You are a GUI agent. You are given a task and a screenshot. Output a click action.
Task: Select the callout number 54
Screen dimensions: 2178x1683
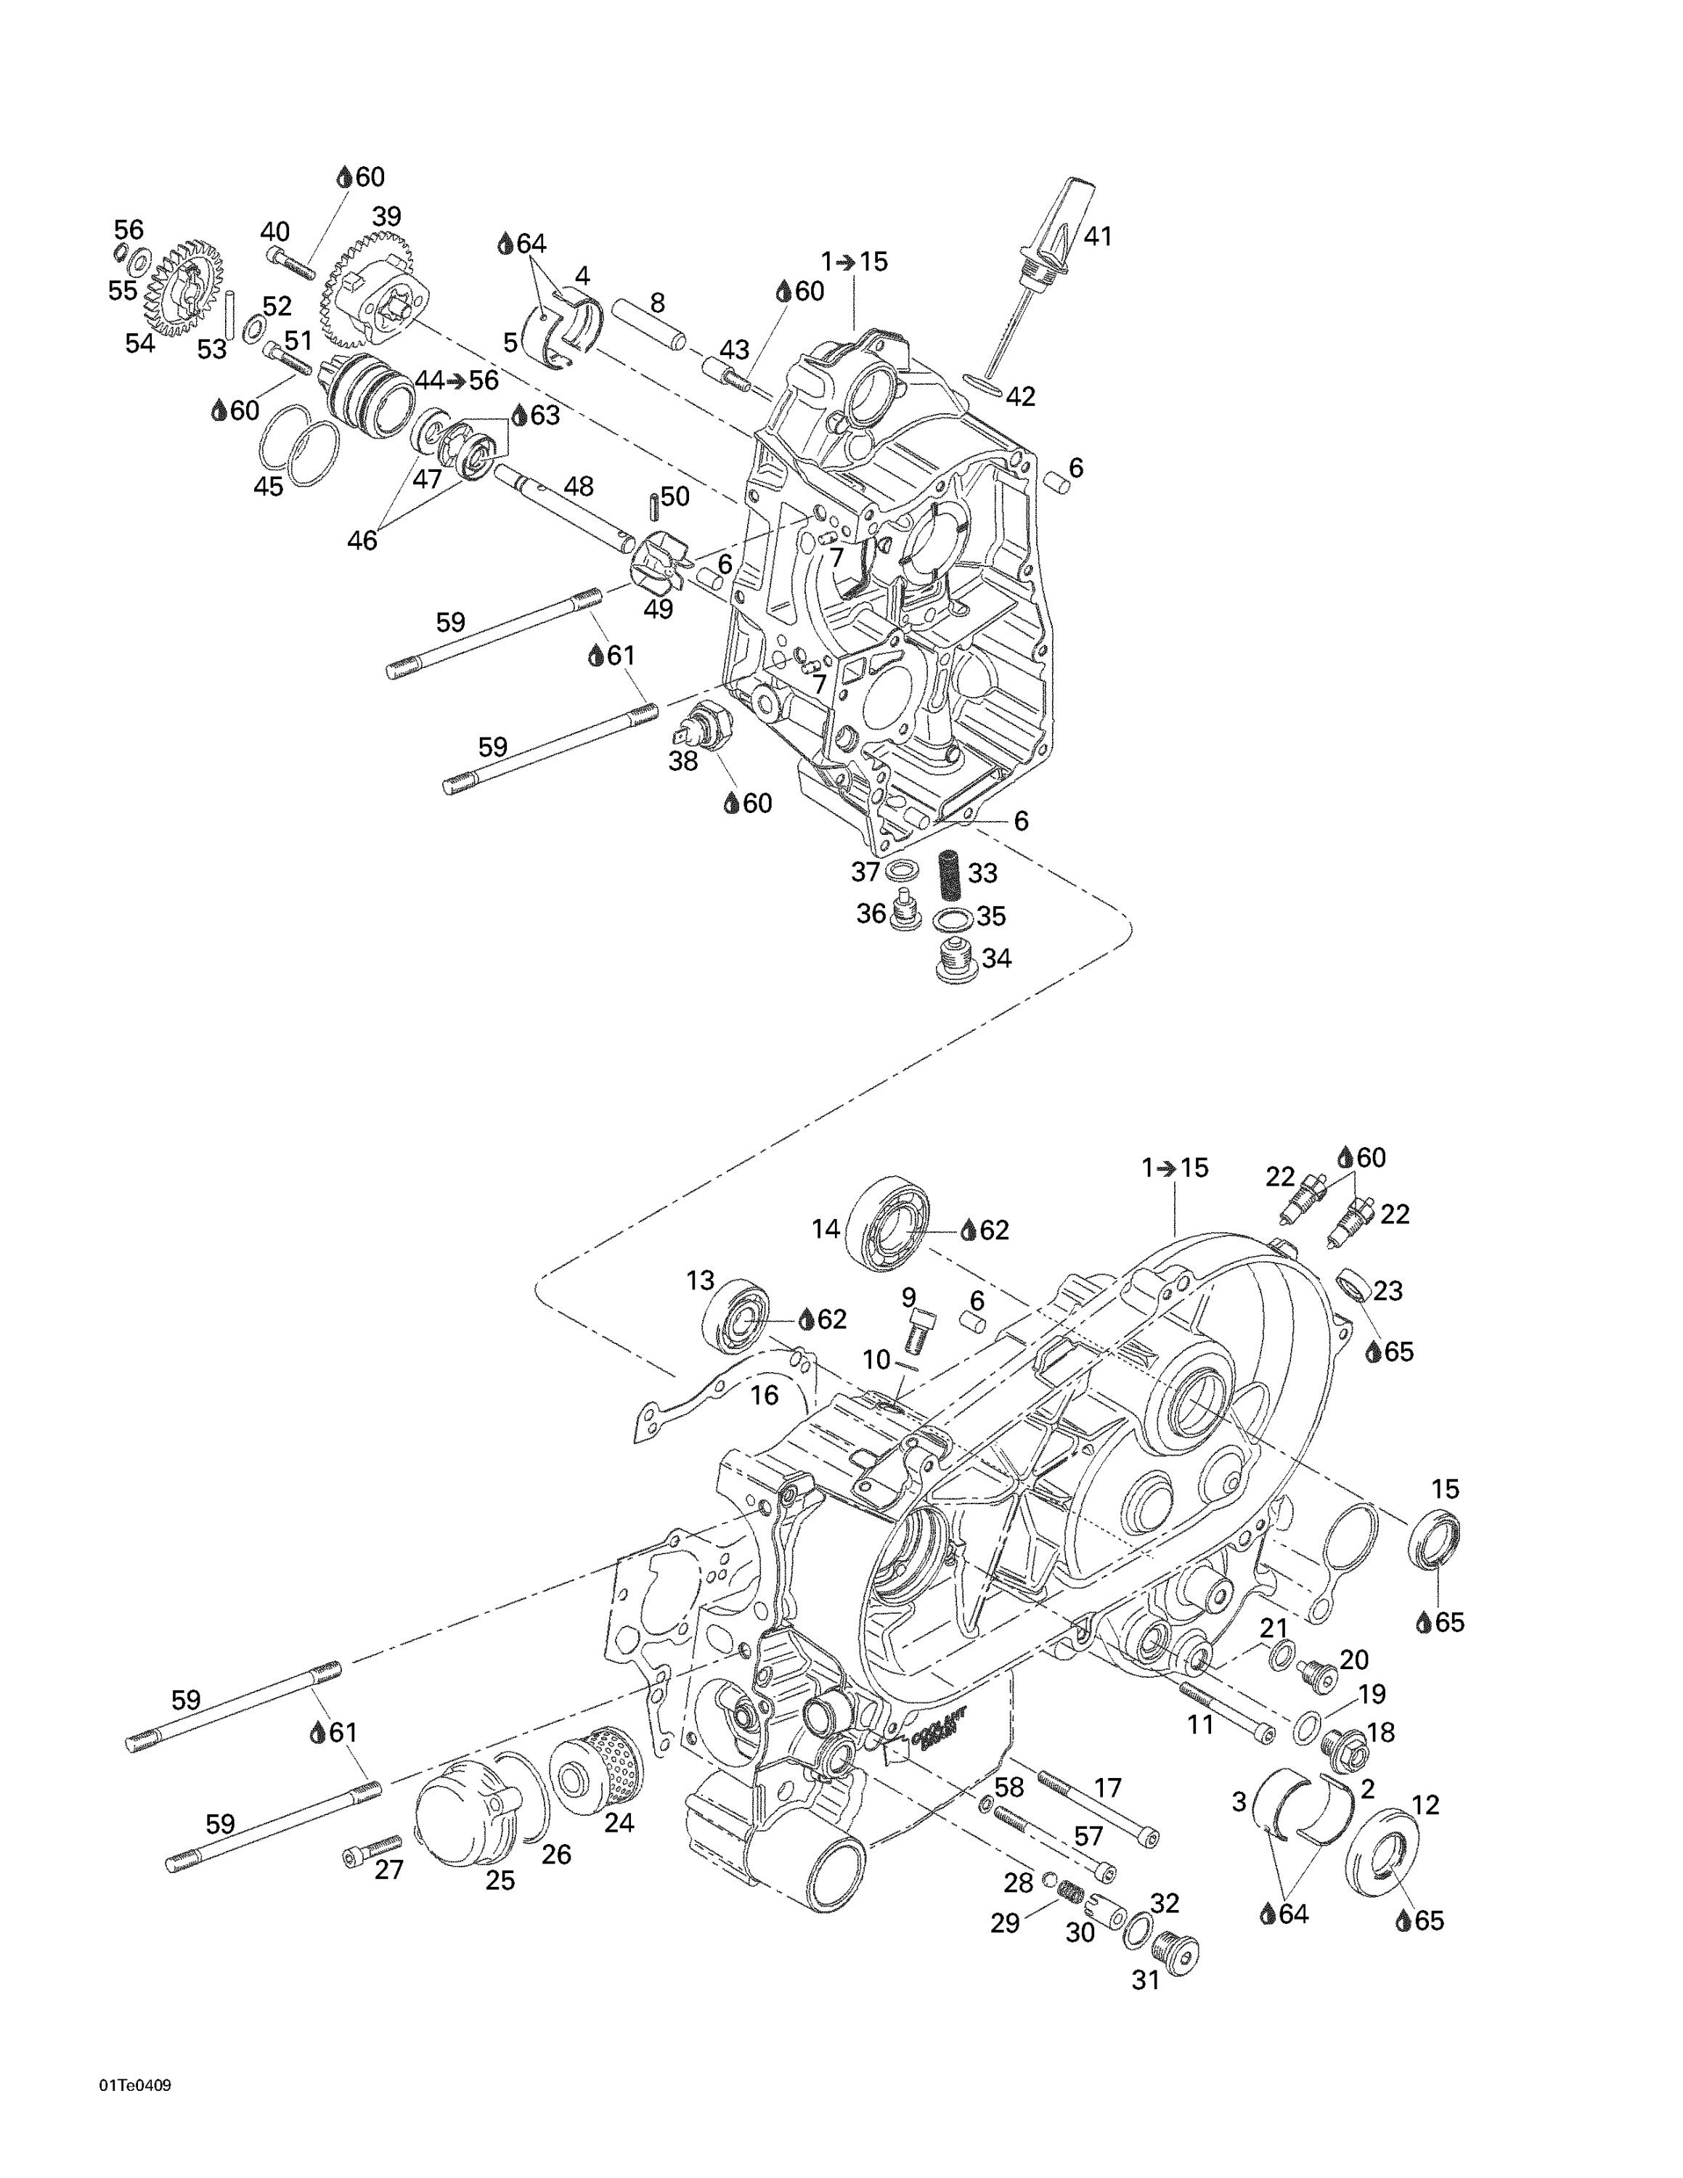pos(141,343)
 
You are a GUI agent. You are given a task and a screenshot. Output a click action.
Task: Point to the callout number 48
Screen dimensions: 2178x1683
pos(578,486)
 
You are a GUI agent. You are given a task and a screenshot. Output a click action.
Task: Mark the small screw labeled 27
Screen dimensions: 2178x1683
pos(371,1849)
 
